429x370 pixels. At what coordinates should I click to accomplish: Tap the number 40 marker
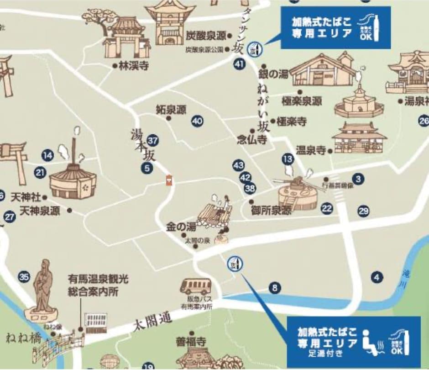click(197, 121)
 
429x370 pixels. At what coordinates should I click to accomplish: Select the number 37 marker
click(153, 140)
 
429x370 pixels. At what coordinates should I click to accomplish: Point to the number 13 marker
click(288, 159)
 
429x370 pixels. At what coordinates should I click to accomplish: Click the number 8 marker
click(274, 288)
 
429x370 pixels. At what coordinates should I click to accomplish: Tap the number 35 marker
click(24, 276)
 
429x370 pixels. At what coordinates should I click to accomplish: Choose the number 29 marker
click(363, 211)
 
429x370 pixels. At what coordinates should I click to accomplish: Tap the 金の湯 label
click(181, 227)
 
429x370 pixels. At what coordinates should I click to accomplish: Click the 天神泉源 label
click(40, 211)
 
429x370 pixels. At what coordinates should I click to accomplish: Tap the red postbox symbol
click(169, 180)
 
